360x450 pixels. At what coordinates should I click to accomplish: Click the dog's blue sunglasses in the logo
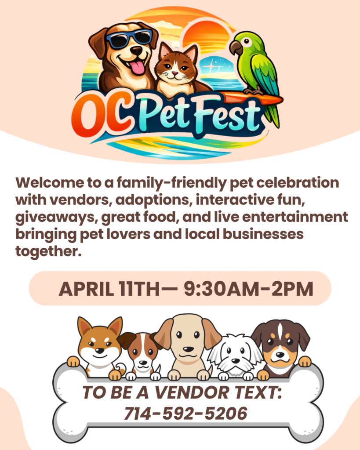pos(129,38)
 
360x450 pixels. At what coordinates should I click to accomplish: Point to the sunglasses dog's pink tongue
pos(138,67)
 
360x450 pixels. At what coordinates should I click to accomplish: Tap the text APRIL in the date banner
pos(86,289)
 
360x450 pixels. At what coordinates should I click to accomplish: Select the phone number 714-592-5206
pos(185,414)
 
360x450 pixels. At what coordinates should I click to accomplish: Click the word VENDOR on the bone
pos(192,392)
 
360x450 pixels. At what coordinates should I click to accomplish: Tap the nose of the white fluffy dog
pos(236,360)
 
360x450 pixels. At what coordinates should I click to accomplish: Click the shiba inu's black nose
pos(100,350)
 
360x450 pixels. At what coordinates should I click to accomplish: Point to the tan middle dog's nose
pos(188,349)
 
